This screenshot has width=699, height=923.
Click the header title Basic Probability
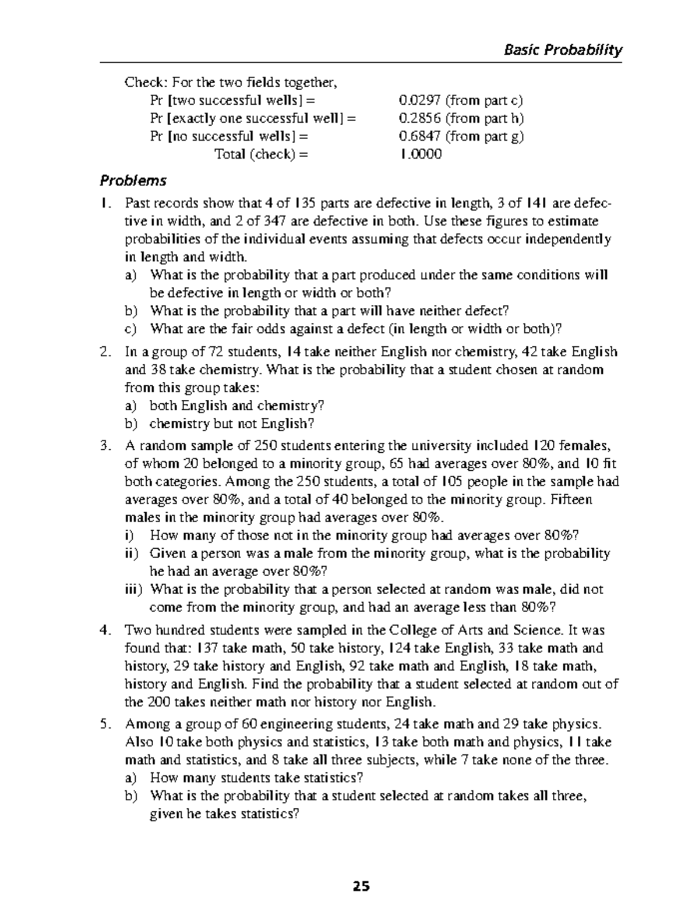point(563,50)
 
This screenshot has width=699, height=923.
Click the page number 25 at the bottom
point(361,886)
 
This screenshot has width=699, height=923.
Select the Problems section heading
point(133,180)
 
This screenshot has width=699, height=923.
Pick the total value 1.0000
point(420,155)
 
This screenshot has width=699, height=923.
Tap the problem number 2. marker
point(104,352)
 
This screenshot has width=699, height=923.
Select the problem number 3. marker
point(104,446)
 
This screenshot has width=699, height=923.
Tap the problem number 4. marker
point(104,630)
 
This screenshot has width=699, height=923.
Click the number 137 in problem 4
point(208,648)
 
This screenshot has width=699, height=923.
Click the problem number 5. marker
point(104,725)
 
